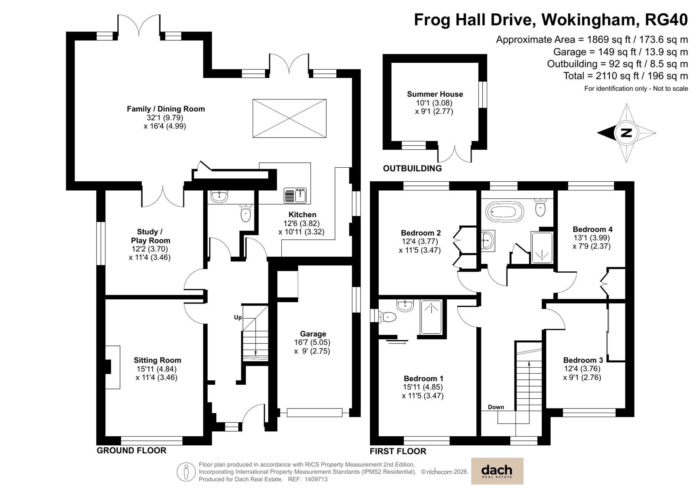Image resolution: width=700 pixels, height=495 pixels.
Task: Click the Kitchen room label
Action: click(302, 215)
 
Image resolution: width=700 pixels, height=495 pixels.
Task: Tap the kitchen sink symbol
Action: click(295, 195)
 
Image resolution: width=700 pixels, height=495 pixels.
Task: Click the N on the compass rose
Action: click(626, 133)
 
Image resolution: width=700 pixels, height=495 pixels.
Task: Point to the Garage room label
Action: click(313, 334)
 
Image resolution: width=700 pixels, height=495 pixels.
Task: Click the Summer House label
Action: click(435, 94)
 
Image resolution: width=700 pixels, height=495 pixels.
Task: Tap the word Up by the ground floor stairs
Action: click(238, 318)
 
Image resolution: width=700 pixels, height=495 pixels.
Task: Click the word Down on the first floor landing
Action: click(496, 407)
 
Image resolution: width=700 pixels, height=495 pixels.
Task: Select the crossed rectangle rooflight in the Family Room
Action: click(289, 118)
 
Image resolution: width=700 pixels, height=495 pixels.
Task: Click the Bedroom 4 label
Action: click(592, 229)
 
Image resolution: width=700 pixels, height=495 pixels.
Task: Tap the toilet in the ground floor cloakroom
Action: click(246, 213)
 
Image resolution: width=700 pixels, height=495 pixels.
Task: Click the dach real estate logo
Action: click(497, 471)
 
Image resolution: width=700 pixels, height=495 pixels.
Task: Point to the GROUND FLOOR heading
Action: click(131, 451)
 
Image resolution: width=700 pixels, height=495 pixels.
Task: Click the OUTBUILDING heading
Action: click(412, 168)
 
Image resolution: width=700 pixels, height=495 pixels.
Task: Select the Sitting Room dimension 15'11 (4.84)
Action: click(156, 369)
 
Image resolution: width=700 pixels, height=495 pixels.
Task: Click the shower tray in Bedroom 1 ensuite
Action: click(431, 317)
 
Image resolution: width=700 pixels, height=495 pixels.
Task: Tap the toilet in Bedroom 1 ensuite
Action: click(388, 317)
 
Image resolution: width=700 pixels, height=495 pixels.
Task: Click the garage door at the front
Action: click(314, 413)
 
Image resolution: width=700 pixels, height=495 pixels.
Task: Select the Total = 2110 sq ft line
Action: click(625, 76)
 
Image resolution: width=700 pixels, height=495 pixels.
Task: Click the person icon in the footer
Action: click(186, 472)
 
